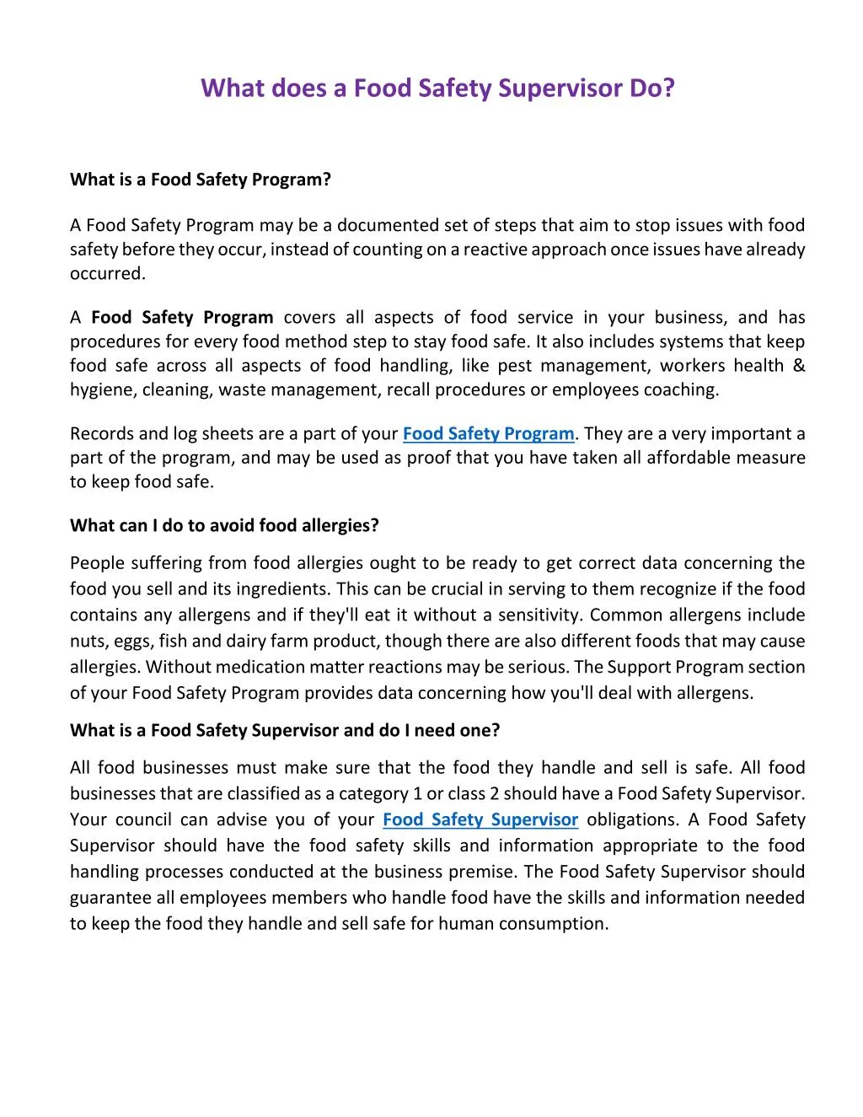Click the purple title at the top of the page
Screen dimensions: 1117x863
pyautogui.click(x=438, y=89)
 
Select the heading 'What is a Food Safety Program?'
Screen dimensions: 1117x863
pyautogui.click(x=201, y=180)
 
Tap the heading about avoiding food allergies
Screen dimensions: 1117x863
pyautogui.click(x=224, y=525)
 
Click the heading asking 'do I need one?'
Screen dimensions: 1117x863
pyautogui.click(x=285, y=730)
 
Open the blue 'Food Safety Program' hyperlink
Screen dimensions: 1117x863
pyautogui.click(x=489, y=434)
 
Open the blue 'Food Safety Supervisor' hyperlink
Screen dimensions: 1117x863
pyautogui.click(x=480, y=819)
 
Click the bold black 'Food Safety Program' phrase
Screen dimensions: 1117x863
pyautogui.click(x=182, y=318)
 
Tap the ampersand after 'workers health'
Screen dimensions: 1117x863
pyautogui.click(x=799, y=366)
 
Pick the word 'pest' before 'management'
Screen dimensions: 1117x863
pyautogui.click(x=514, y=366)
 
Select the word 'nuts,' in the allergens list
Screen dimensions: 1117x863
pyautogui.click(x=88, y=642)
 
